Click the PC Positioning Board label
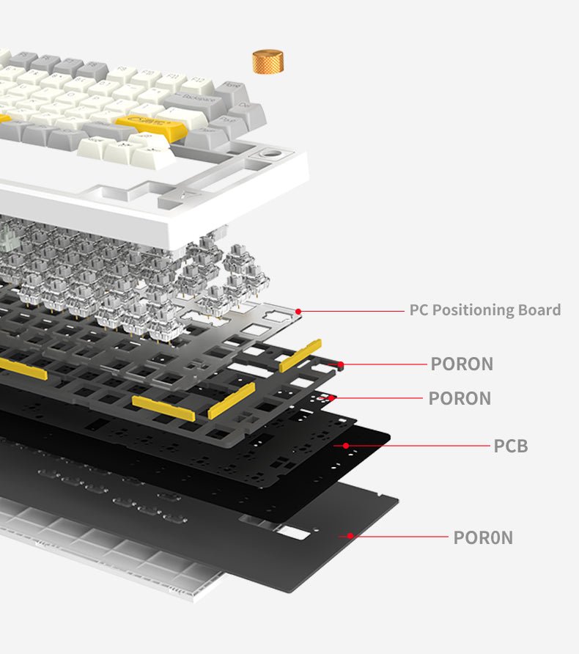[484, 310]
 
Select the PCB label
[510, 446]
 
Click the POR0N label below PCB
[483, 537]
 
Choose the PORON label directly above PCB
[460, 398]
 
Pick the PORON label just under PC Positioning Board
[462, 364]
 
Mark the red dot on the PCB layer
[345, 445]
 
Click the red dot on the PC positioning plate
[298, 311]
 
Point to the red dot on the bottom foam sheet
[350, 536]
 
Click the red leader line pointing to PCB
[418, 446]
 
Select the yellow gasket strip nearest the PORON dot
[300, 356]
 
